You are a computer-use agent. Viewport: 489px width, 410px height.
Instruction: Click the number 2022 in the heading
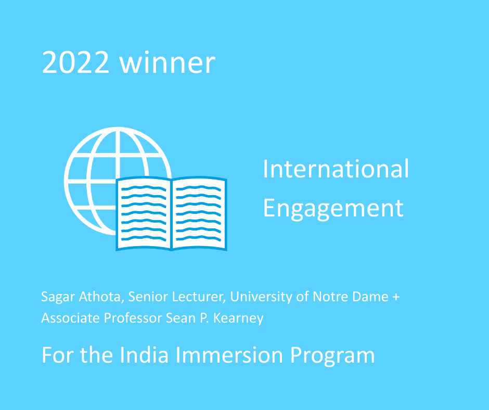[x=75, y=62]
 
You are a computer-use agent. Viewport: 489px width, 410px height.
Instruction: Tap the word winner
[x=168, y=62]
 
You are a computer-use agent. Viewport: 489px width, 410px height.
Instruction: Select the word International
[x=336, y=169]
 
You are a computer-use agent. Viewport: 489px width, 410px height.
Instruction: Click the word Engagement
[x=333, y=209]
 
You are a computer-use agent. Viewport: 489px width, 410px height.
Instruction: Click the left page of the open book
[x=144, y=213]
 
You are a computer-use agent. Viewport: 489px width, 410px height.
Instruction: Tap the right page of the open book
[x=199, y=213]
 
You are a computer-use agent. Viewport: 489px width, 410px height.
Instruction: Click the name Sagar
[x=58, y=297]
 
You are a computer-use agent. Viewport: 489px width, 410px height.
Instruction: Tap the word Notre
[x=330, y=297]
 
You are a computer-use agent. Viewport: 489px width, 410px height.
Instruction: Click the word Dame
[x=370, y=297]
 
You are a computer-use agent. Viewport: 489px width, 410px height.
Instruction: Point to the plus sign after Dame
[x=396, y=297]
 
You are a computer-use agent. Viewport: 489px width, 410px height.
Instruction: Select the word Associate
[x=71, y=318]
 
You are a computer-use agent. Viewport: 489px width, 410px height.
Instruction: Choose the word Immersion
[x=229, y=355]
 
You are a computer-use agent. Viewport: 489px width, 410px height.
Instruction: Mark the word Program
[x=332, y=356]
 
